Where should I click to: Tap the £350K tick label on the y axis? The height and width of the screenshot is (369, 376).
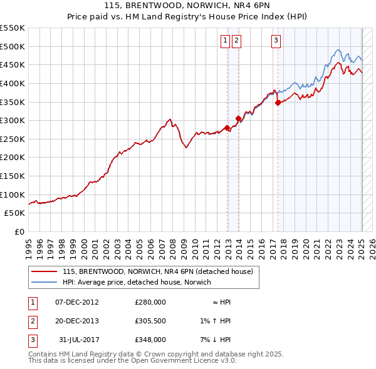[12, 102]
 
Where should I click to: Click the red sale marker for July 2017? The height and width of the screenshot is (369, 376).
[278, 103]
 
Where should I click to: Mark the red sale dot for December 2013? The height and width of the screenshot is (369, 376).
[238, 118]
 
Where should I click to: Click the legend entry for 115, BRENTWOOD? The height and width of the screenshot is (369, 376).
[157, 271]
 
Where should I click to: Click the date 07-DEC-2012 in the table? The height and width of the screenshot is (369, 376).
[77, 302]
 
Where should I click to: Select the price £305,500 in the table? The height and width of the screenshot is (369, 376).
[150, 321]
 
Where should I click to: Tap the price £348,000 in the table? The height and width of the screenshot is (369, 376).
[150, 340]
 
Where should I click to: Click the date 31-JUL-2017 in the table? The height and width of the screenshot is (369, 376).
[78, 340]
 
